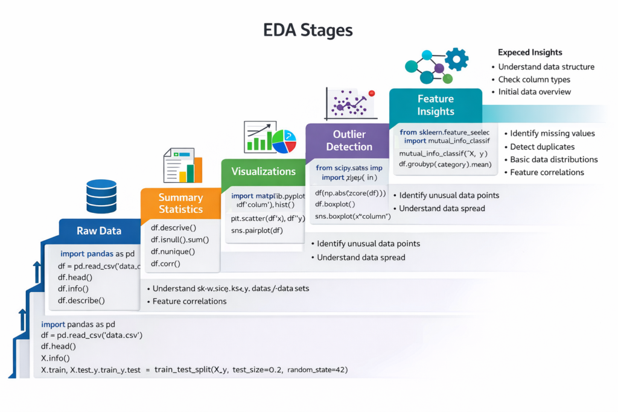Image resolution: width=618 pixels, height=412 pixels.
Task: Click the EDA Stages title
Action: tap(308, 30)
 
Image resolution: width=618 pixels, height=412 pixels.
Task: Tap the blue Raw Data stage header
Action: tap(99, 230)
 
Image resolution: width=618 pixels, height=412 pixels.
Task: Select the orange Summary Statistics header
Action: tap(180, 203)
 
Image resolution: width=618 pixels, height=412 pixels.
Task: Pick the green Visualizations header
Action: tap(263, 171)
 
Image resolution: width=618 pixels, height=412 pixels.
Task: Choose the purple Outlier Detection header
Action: tap(349, 140)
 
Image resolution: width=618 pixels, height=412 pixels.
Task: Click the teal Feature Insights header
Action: tap(435, 105)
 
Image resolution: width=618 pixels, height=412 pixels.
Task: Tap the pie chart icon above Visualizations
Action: tap(284, 140)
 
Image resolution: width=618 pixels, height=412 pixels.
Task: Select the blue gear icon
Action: tap(456, 59)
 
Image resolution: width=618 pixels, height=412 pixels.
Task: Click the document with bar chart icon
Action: tap(183, 166)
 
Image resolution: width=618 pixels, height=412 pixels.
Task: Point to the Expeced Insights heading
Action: tap(530, 52)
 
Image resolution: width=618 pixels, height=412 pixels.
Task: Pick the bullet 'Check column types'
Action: tap(534, 80)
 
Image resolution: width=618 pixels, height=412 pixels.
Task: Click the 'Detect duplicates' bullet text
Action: tap(542, 147)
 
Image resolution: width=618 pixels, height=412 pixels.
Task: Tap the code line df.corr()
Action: tap(166, 264)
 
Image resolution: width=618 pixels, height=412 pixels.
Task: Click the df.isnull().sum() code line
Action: tap(180, 239)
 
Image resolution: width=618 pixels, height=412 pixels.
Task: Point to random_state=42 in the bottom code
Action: tap(317, 369)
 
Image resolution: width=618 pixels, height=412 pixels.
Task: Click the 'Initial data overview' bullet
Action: tap(534, 92)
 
